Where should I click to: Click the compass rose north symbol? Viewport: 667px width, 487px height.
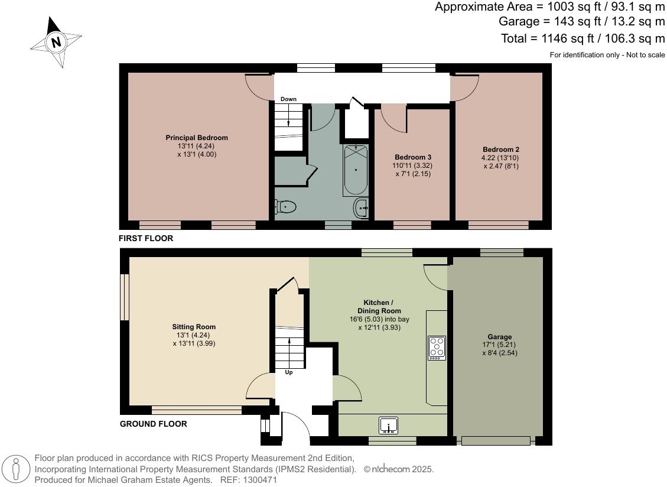(56, 42)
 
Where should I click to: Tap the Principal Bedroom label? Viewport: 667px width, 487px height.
(196, 138)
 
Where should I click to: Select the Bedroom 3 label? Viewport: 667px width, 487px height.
(413, 157)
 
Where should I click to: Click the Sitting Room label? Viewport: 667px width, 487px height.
(194, 327)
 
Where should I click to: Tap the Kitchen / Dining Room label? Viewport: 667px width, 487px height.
(379, 306)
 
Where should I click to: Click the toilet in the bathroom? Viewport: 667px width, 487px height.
(285, 207)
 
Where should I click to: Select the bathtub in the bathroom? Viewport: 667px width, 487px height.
(355, 170)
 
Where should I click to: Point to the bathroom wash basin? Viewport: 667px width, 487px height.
(362, 208)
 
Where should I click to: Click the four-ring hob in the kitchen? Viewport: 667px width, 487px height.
(437, 348)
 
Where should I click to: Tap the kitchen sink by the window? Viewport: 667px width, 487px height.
(389, 425)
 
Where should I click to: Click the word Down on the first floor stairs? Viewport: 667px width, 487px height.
(288, 99)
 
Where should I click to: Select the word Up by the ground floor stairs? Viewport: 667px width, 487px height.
(289, 372)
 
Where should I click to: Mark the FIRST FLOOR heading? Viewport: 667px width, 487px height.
(146, 239)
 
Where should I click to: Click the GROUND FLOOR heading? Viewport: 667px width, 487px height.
(153, 424)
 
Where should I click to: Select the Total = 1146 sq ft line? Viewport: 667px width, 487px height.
(583, 39)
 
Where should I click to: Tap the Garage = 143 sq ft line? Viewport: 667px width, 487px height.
(582, 22)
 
